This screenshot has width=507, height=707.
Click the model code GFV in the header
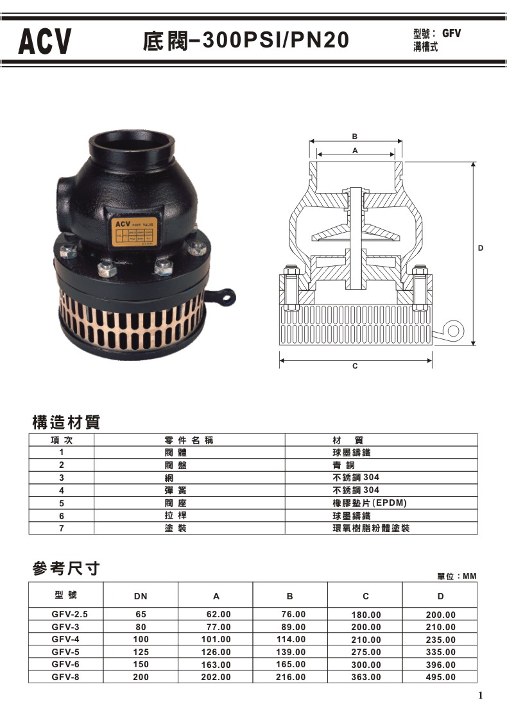click(x=452, y=34)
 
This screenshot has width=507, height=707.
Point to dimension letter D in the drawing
click(x=480, y=247)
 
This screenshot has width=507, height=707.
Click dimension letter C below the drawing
click(x=355, y=365)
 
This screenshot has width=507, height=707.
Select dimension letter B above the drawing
click(x=354, y=137)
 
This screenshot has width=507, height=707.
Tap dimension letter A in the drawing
click(x=354, y=149)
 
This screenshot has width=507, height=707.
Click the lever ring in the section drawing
click(x=454, y=330)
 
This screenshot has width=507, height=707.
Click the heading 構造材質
click(x=66, y=423)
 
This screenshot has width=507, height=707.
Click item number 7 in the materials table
click(x=62, y=528)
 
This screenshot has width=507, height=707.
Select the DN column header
click(x=141, y=596)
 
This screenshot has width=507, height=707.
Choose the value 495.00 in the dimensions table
click(x=441, y=677)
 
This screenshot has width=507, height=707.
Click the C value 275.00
click(x=366, y=652)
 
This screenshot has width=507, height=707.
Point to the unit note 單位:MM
click(x=456, y=577)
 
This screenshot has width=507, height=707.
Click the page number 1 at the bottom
click(x=481, y=695)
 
